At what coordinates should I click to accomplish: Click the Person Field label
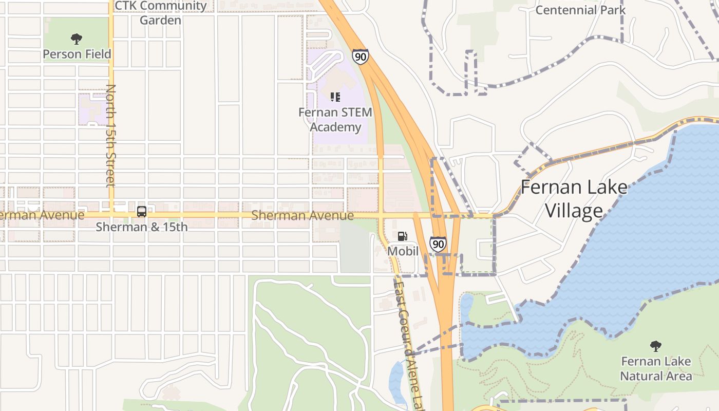tap(77, 54)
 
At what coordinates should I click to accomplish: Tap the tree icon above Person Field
tap(77, 39)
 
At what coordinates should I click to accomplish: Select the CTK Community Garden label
tap(161, 13)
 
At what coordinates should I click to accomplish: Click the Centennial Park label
tap(580, 10)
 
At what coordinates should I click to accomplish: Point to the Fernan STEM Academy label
tap(336, 119)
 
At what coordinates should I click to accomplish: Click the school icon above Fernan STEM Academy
tap(335, 97)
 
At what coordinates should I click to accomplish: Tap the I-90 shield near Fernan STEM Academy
tap(361, 57)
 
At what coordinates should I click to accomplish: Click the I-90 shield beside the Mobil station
tap(438, 244)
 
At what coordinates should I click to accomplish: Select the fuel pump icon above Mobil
tap(403, 236)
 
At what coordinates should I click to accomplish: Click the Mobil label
tap(403, 251)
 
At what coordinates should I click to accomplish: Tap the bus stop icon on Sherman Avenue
tap(142, 211)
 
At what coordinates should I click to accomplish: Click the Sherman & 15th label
tap(142, 227)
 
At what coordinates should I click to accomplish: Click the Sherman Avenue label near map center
tap(302, 215)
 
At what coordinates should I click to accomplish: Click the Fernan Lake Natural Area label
tap(656, 368)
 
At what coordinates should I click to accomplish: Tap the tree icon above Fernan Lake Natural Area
tap(655, 346)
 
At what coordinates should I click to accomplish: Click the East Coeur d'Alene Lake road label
tap(409, 344)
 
